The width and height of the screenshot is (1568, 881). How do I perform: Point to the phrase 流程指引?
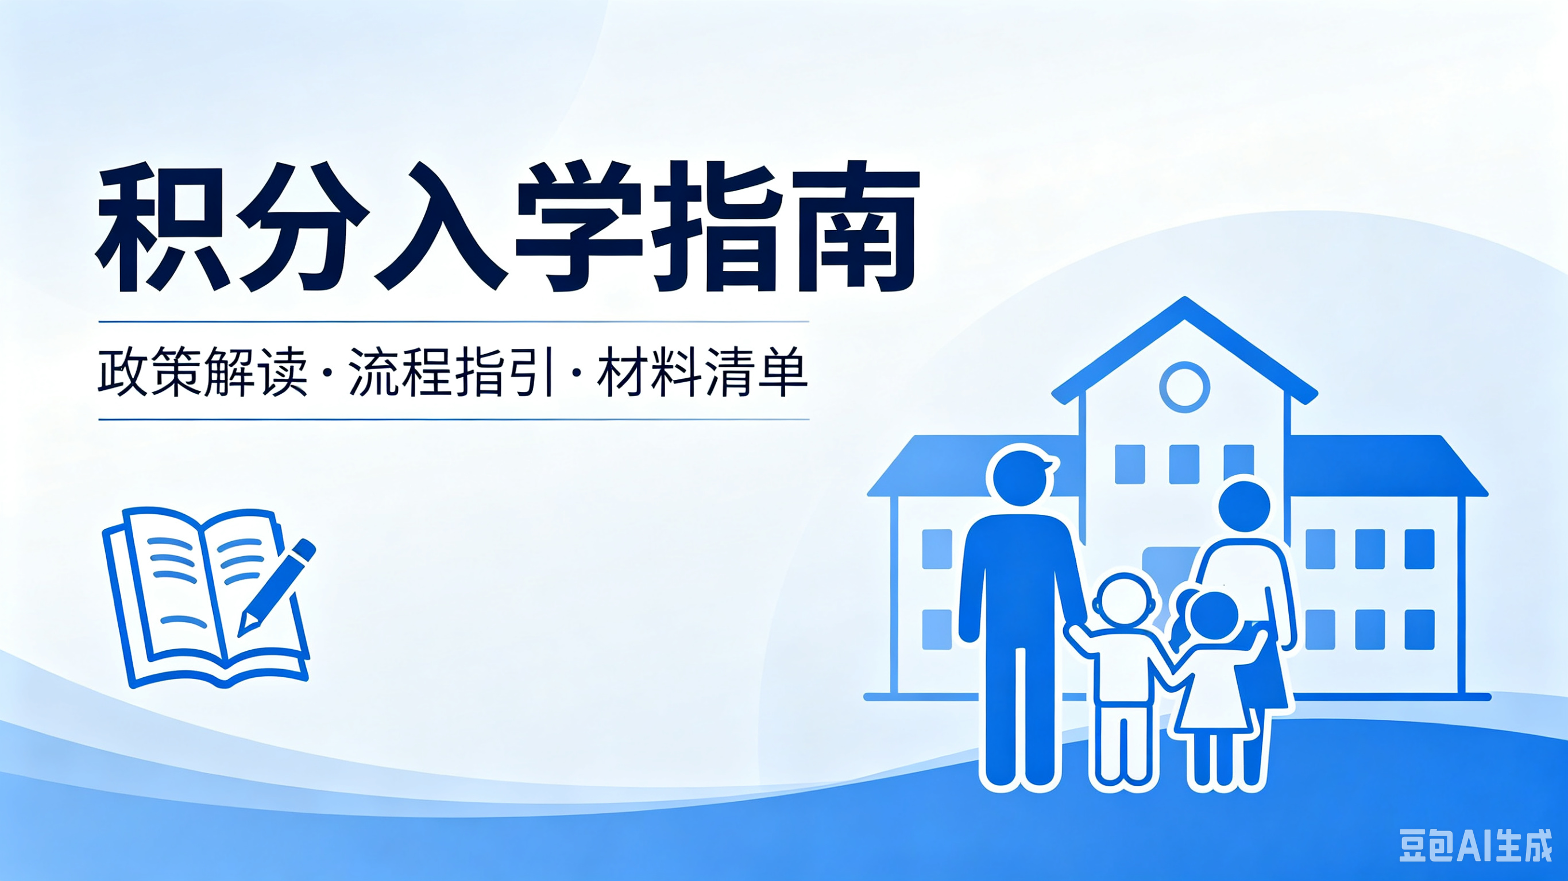[451, 372]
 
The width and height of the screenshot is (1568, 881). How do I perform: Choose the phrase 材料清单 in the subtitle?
[702, 372]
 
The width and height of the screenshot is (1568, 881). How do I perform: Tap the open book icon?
[207, 597]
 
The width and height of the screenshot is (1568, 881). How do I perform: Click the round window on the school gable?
[1184, 387]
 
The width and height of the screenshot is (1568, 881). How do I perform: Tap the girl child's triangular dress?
[1215, 693]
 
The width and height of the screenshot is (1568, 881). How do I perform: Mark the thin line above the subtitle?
[454, 321]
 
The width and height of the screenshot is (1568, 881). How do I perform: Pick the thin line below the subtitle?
[454, 419]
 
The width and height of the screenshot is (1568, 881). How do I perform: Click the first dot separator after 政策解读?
[329, 372]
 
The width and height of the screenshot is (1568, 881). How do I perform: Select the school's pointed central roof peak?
[1184, 300]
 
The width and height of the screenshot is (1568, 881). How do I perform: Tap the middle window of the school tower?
[1184, 464]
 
